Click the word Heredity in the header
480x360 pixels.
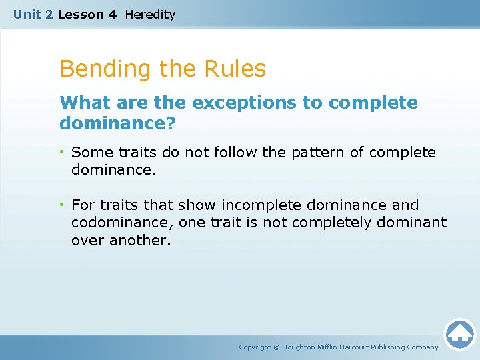[x=150, y=14]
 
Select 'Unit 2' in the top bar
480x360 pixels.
[x=33, y=14]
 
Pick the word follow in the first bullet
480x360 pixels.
[x=234, y=153]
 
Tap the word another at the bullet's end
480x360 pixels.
[x=141, y=240]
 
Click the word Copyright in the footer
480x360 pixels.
[x=255, y=347]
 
